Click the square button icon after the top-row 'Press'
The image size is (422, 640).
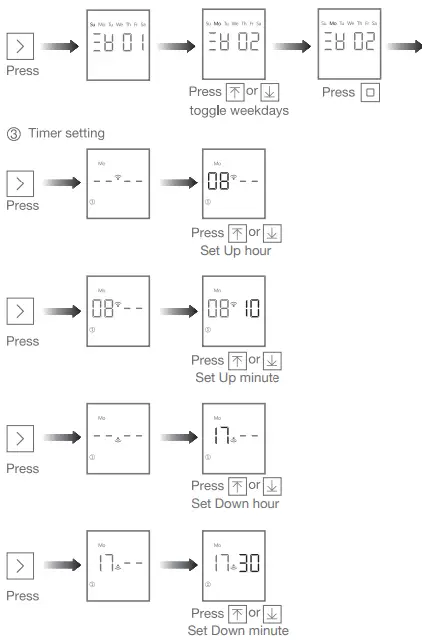pyautogui.click(x=370, y=92)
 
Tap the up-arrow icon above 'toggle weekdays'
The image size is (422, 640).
pyautogui.click(x=235, y=92)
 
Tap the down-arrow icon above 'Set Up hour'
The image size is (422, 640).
pyautogui.click(x=271, y=233)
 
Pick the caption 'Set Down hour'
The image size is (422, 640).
pyautogui.click(x=236, y=504)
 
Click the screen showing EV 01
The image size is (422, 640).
pyautogui.click(x=117, y=46)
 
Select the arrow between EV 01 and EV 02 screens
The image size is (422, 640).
pyautogui.click(x=177, y=46)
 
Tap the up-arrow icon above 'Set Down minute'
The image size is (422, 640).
pyautogui.click(x=235, y=613)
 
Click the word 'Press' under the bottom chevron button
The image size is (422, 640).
pyautogui.click(x=22, y=596)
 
